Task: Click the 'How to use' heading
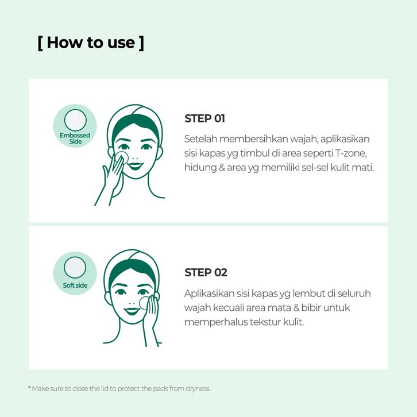pos(91,43)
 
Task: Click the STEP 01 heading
pos(205,119)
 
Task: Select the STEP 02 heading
pos(206,273)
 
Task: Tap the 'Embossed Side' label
pos(75,138)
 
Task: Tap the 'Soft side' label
pos(75,285)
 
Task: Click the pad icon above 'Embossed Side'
pos(75,120)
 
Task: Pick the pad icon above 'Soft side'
pos(75,268)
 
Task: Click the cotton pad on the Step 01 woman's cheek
pos(122,158)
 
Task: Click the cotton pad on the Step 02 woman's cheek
pos(144,303)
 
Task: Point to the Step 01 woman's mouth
pos(135,166)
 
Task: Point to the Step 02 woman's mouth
pos(132,311)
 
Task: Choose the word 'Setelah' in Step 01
pos(201,139)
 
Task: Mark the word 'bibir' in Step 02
pos(311,308)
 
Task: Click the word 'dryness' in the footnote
pos(198,389)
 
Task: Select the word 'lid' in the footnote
pos(105,388)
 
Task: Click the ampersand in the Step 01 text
pos(222,168)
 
